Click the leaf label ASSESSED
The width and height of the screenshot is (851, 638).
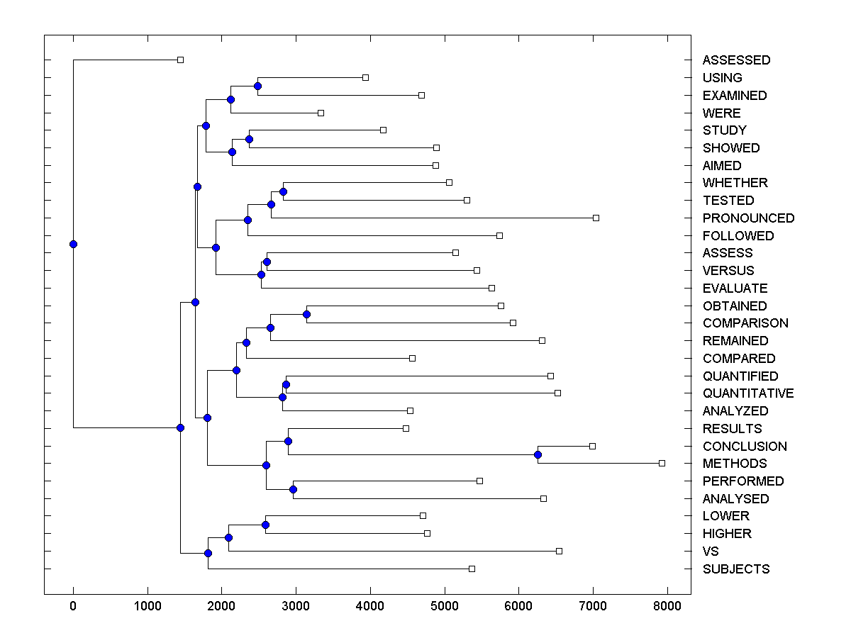736,60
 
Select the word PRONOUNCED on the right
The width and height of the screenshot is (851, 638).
748,218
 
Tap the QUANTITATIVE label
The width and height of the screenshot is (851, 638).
748,393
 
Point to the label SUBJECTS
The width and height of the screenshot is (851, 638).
735,569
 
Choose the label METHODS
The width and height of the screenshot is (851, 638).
735,464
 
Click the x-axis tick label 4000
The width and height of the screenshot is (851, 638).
370,607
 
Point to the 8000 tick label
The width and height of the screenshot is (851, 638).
667,607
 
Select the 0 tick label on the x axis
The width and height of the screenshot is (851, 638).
73,607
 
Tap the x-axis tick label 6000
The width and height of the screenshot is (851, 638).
518,607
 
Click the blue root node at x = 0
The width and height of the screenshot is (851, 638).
73,244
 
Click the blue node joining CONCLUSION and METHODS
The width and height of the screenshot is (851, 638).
538,454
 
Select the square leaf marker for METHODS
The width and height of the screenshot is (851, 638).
662,463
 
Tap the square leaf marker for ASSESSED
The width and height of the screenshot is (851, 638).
180,60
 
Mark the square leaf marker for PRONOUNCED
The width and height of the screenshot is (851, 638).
596,218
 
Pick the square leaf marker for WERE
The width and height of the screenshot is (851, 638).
321,113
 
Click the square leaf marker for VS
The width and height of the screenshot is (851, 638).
559,551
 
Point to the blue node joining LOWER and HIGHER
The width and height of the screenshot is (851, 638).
265,525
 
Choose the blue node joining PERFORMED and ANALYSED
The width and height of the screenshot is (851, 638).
293,489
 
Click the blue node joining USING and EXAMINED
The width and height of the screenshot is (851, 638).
257,86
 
